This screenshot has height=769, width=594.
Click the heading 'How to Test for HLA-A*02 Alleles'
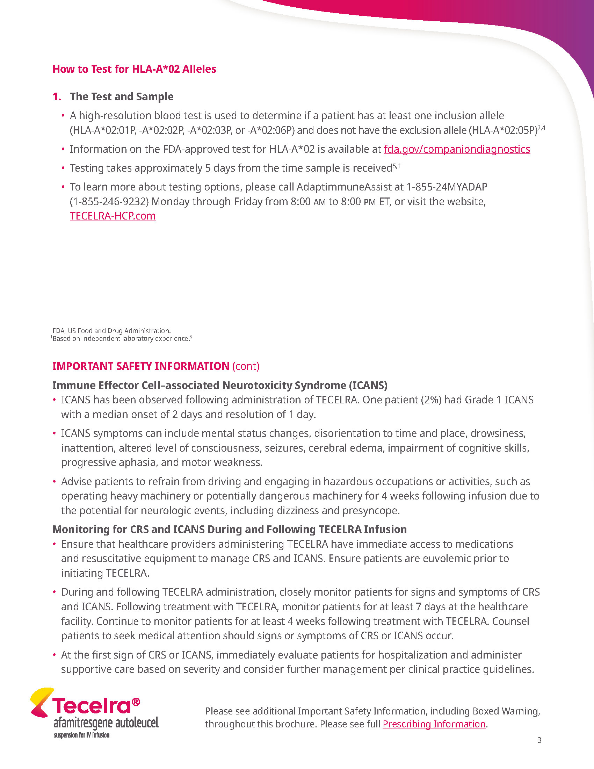coord(134,69)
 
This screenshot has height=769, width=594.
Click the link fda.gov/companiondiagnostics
coord(456,149)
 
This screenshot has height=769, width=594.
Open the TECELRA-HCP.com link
coord(113,216)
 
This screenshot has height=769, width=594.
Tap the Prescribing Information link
coord(434,724)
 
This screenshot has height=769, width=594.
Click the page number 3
coord(539,740)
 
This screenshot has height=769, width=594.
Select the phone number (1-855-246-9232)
coord(109,201)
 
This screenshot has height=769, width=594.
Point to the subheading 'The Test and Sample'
coord(121,96)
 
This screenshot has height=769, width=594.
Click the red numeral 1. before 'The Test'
coord(57,96)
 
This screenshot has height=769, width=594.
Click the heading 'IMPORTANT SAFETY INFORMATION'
coord(141,366)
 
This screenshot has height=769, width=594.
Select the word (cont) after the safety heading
coord(246,366)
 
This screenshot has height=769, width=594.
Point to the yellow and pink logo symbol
coord(41,702)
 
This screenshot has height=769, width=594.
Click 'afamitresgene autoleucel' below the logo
coord(106,723)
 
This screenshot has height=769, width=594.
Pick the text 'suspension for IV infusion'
coord(81,735)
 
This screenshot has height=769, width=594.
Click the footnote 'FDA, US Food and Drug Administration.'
coord(111,331)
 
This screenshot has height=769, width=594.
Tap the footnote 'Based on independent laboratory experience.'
coord(121,339)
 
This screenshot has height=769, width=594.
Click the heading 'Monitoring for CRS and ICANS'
coord(230,530)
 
